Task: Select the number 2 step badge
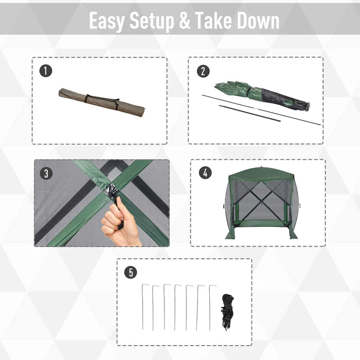coord(203,71)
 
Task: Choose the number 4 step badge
coord(205,172)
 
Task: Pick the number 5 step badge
coord(130,272)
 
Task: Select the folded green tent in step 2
coord(261,94)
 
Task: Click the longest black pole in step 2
coord(261,110)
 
